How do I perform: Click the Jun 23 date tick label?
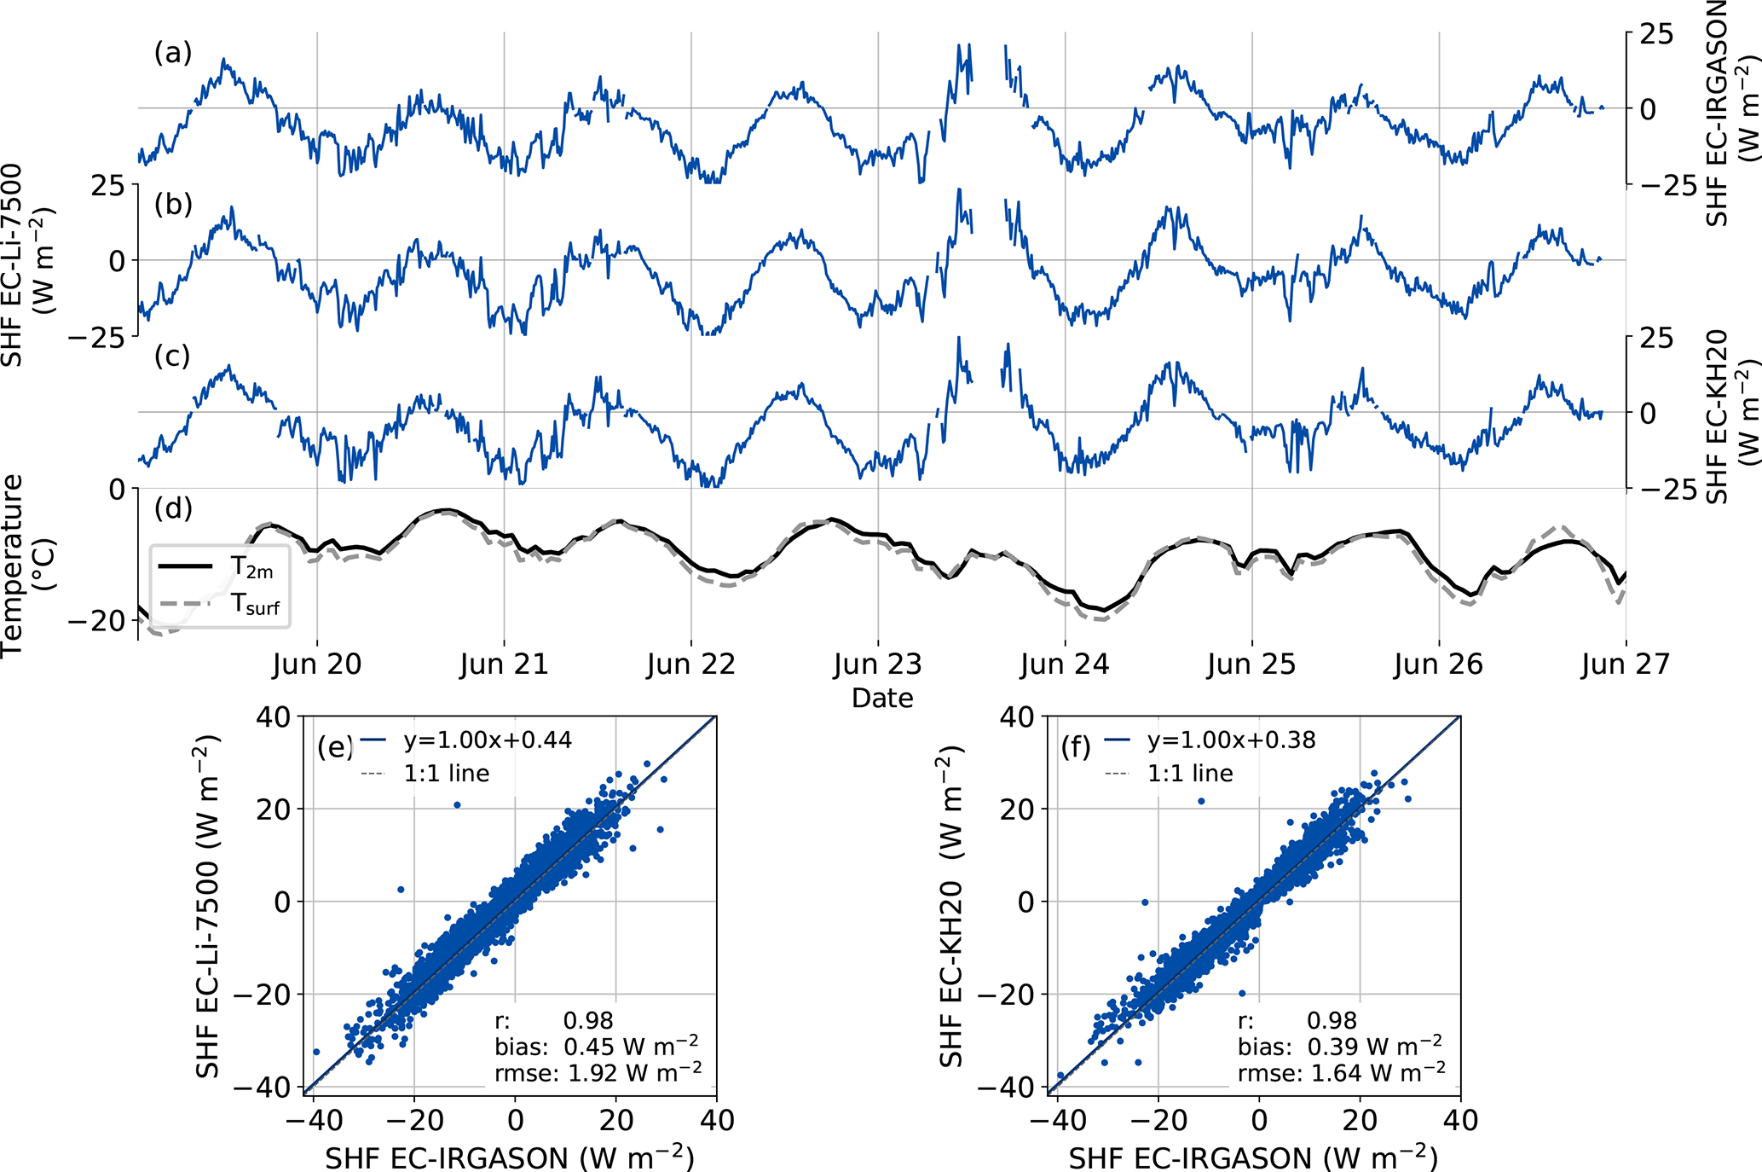tap(877, 664)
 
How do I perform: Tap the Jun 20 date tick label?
tap(317, 664)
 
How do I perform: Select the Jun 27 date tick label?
tap(1625, 664)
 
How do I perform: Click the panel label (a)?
tap(172, 53)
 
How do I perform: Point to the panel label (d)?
tap(172, 508)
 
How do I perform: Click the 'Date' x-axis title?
tap(882, 698)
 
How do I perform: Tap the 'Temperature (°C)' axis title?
tap(26, 566)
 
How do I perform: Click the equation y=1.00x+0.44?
tap(488, 740)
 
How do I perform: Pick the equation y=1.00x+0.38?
tap(1231, 740)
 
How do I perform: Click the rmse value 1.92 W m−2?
tap(631, 1072)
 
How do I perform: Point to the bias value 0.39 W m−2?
tap(1374, 1046)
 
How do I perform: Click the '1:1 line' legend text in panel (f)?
tap(1190, 774)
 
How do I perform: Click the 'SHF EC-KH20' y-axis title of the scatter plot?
tap(952, 907)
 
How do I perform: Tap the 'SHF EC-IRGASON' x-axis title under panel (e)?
tap(510, 1157)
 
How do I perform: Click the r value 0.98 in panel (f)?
tap(1332, 1020)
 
